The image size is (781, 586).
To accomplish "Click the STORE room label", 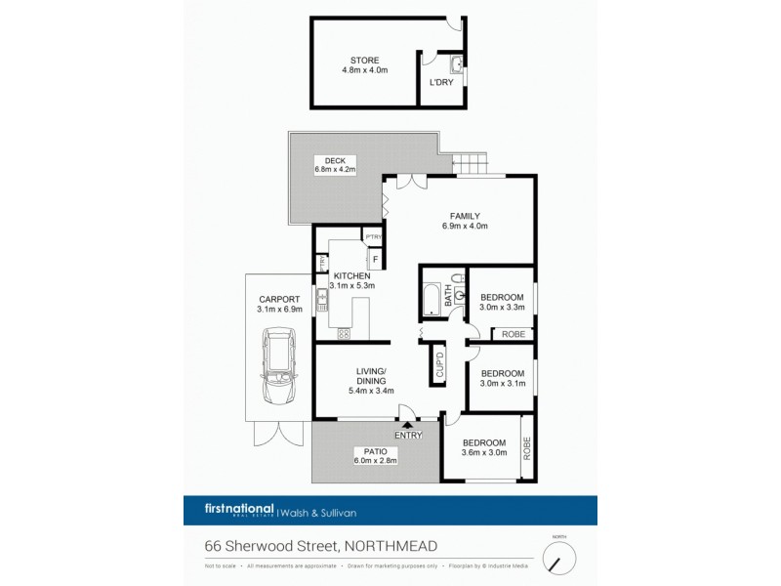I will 364,61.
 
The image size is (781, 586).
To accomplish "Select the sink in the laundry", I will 456,66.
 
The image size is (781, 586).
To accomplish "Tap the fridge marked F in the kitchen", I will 373,259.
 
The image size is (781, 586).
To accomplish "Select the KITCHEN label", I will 350,276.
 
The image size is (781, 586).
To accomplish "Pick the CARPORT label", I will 277,299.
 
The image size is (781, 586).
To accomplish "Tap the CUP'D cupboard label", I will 439,365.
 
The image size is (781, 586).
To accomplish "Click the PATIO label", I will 368,452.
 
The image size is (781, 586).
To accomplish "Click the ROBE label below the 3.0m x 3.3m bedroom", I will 514,334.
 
